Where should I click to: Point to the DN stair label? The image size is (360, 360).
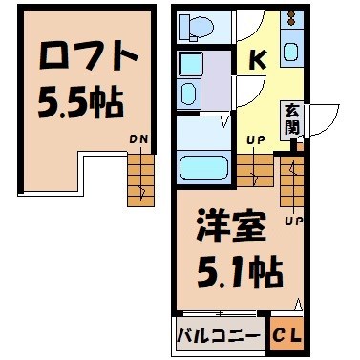[x=138, y=142]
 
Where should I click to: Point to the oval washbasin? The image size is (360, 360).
[x=188, y=94]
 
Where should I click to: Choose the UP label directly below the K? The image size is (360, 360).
[x=257, y=140]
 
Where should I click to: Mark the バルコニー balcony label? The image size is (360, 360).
[x=218, y=335]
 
